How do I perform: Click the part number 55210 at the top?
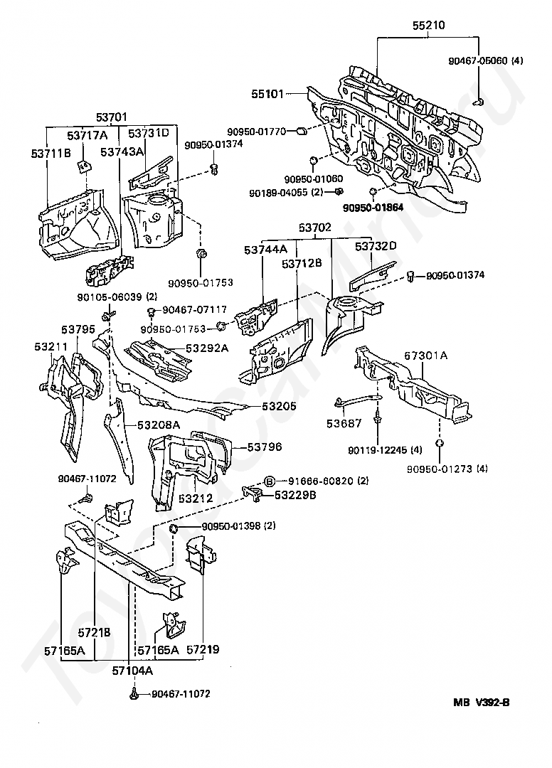tap(428, 25)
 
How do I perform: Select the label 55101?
tap(267, 94)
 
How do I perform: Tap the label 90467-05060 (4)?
tap(485, 60)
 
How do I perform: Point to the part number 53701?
tap(111, 117)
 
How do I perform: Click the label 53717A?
tap(87, 135)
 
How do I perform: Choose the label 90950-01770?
tap(256, 132)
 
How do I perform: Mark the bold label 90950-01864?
tap(373, 208)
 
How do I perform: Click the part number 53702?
tap(315, 228)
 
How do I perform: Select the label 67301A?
tap(425, 355)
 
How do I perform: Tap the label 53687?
tap(344, 423)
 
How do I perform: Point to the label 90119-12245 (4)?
tap(385, 449)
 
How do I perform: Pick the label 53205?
tap(279, 406)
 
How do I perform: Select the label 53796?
tap(265, 447)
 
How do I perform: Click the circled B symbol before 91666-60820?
tap(270, 481)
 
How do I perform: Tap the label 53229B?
tap(295, 495)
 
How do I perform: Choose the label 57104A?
tap(133, 671)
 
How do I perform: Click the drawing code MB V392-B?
tap(481, 703)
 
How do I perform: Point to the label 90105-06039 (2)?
tap(117, 297)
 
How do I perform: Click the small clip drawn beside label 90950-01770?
tap(302, 130)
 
